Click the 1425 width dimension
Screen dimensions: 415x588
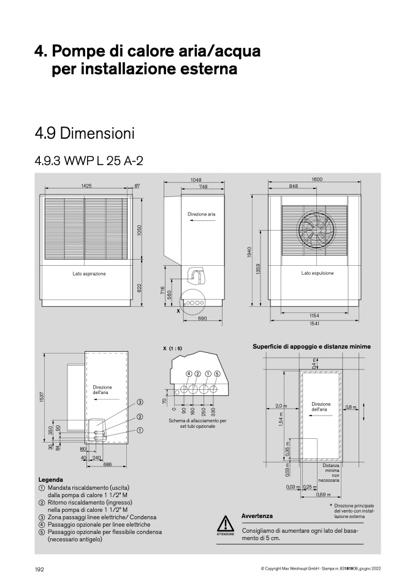86,185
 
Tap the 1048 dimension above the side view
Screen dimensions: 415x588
196,180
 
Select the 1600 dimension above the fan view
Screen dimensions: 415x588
317,180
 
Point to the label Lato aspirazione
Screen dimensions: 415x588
89,274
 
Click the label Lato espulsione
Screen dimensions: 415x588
318,273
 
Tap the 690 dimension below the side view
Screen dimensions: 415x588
202,319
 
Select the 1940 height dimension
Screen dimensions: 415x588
249,252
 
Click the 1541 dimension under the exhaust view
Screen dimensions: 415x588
314,323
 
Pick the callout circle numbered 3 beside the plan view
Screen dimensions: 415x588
140,402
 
